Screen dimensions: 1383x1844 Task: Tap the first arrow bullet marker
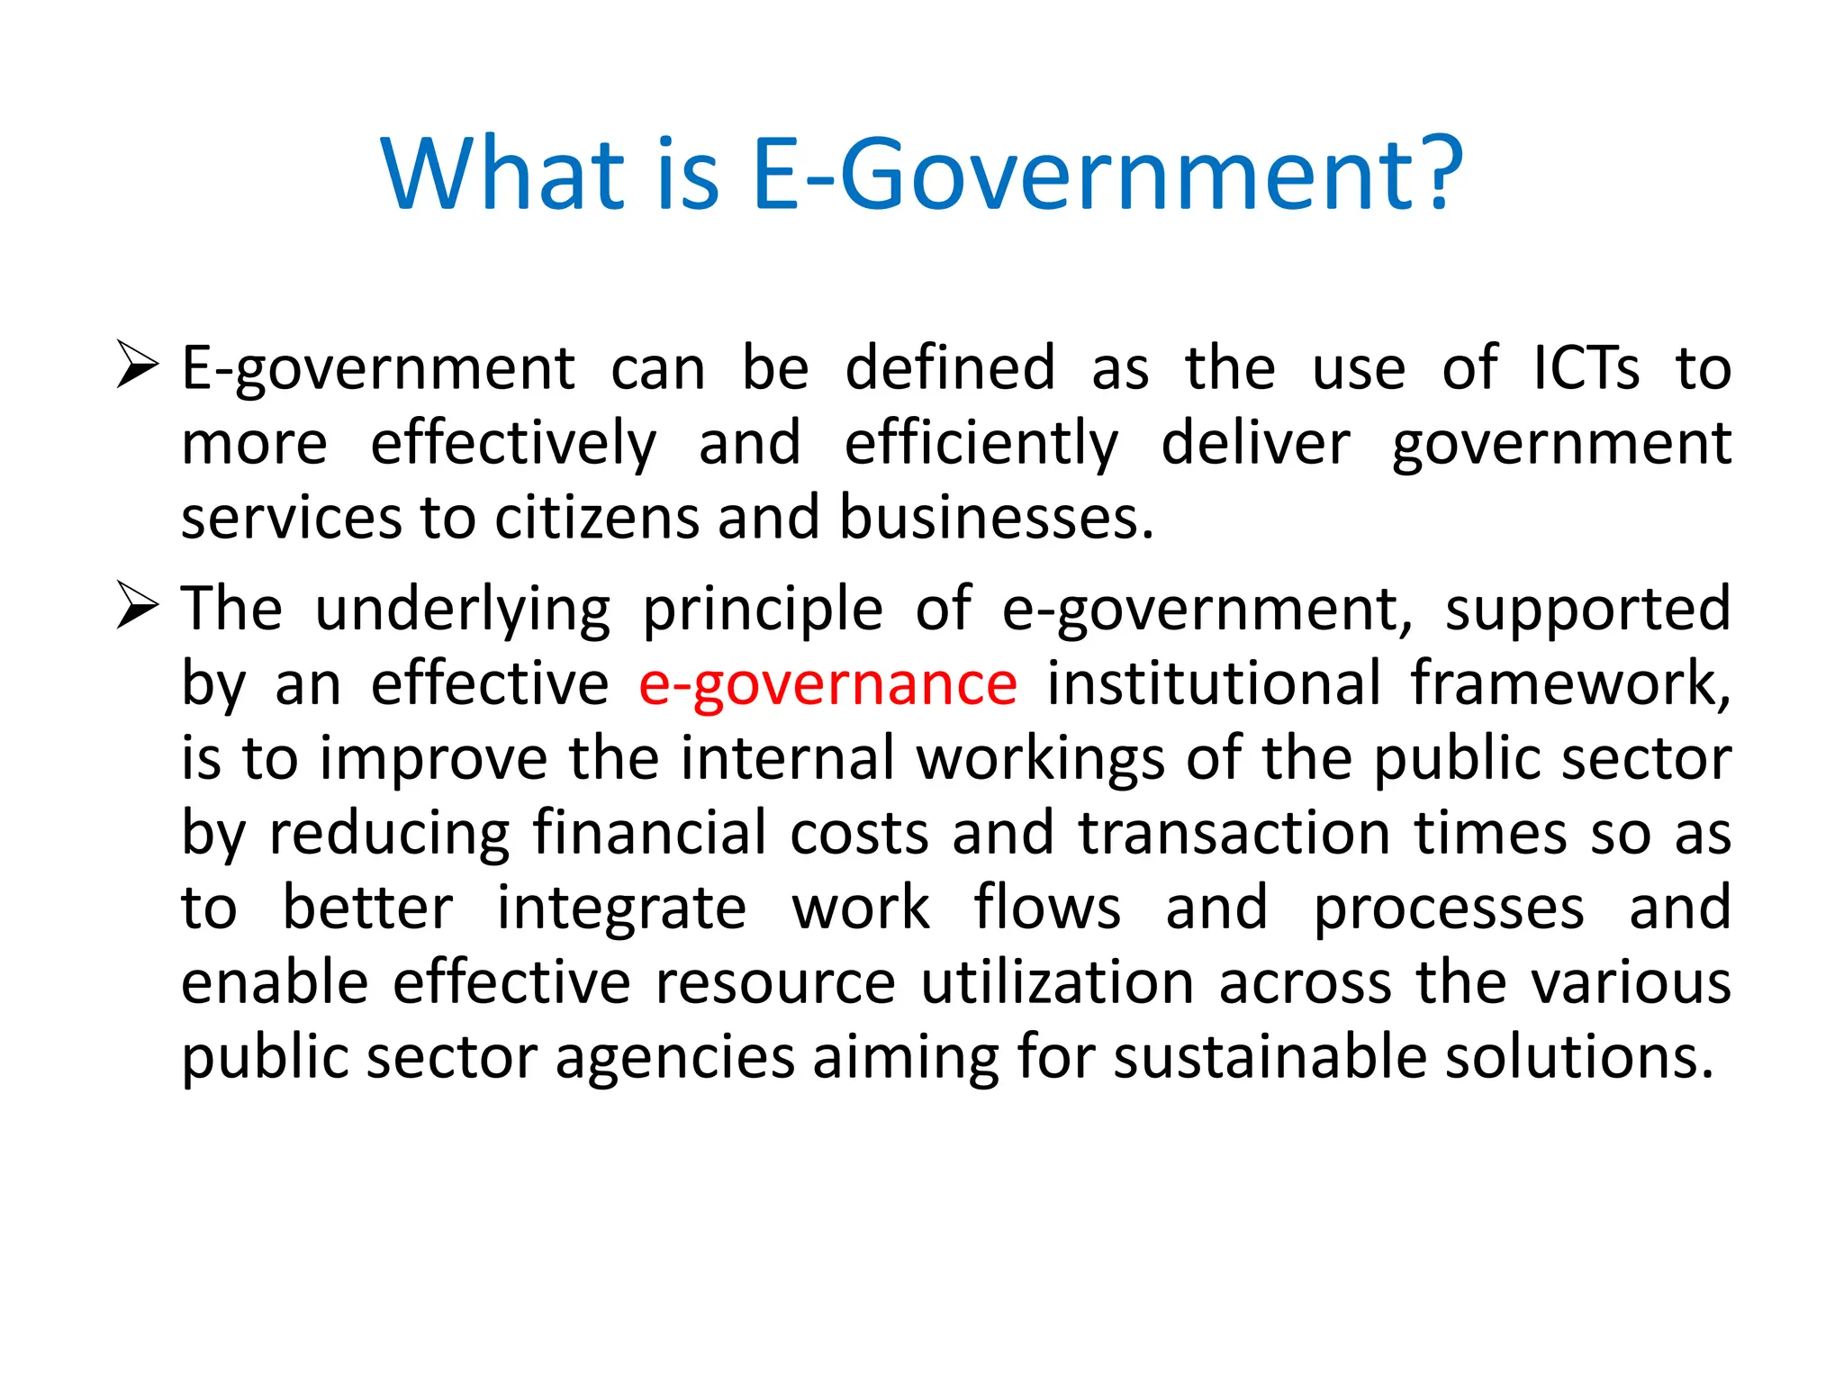(x=138, y=366)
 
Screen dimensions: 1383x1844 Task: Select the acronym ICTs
(x=1586, y=368)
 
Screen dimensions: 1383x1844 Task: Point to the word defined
(x=950, y=368)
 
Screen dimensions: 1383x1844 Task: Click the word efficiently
(x=981, y=443)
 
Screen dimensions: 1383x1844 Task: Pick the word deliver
(x=1255, y=443)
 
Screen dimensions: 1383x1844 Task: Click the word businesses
(x=996, y=518)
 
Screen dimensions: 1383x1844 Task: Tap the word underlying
(x=463, y=610)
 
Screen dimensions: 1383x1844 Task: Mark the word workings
(x=1040, y=759)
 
